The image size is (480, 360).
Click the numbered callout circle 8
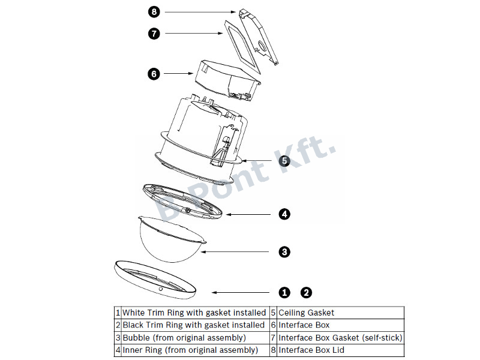154,11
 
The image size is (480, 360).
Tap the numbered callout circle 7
154,34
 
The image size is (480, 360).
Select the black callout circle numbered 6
154,74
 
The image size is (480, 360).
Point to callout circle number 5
284,160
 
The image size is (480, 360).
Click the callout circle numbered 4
284,213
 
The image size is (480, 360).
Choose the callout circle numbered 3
284,251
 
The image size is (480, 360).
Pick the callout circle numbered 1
284,292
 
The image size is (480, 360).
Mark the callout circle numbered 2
306,292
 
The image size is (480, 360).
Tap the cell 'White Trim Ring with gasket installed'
194,313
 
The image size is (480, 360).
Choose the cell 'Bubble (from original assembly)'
194,337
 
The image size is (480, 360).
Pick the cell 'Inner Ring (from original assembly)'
194,350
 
